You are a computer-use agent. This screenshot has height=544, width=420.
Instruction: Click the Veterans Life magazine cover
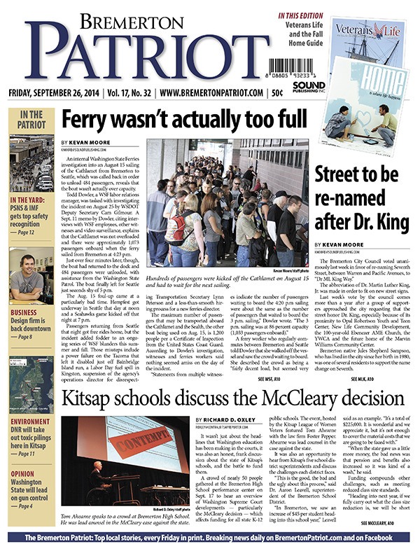coord(367,43)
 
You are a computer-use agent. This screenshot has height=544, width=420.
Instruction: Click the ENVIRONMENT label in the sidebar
coord(30,422)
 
